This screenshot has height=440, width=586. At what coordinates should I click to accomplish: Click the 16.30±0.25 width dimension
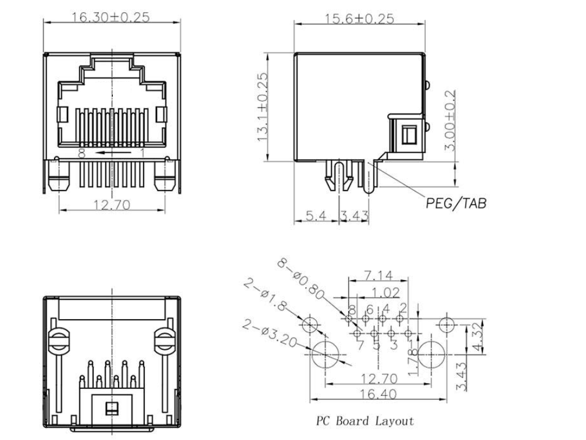(110, 17)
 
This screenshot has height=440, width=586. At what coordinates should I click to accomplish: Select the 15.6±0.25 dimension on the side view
(359, 19)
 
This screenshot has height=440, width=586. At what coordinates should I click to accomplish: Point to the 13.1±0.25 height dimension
(263, 107)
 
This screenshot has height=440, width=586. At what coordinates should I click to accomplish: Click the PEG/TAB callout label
(456, 203)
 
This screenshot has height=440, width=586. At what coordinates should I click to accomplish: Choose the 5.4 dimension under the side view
(316, 216)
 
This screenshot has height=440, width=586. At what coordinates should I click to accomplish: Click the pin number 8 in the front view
(81, 153)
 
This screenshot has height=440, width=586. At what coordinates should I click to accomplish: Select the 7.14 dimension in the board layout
(377, 275)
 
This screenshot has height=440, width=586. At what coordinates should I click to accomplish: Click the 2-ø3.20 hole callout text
(272, 333)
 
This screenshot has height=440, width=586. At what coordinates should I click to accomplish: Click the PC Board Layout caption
(365, 421)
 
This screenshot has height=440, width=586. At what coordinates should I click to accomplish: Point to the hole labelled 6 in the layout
(366, 319)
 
